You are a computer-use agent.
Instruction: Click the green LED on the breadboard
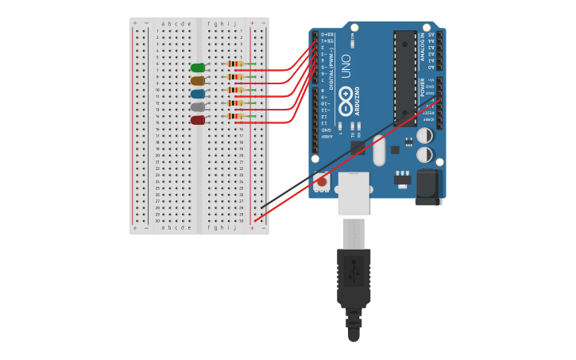198,68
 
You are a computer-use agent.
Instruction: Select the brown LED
198,80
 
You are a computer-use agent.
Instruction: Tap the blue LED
198,94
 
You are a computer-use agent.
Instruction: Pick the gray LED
198,106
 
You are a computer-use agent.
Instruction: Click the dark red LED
198,120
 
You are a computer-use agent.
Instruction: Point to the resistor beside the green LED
235,64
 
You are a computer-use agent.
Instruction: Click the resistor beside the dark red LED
235,116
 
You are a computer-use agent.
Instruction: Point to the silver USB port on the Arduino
353,194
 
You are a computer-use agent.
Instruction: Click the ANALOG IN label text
423,46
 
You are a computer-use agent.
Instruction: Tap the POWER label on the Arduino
423,87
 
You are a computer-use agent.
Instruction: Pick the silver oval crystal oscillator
379,150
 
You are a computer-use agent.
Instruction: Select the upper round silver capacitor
425,136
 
